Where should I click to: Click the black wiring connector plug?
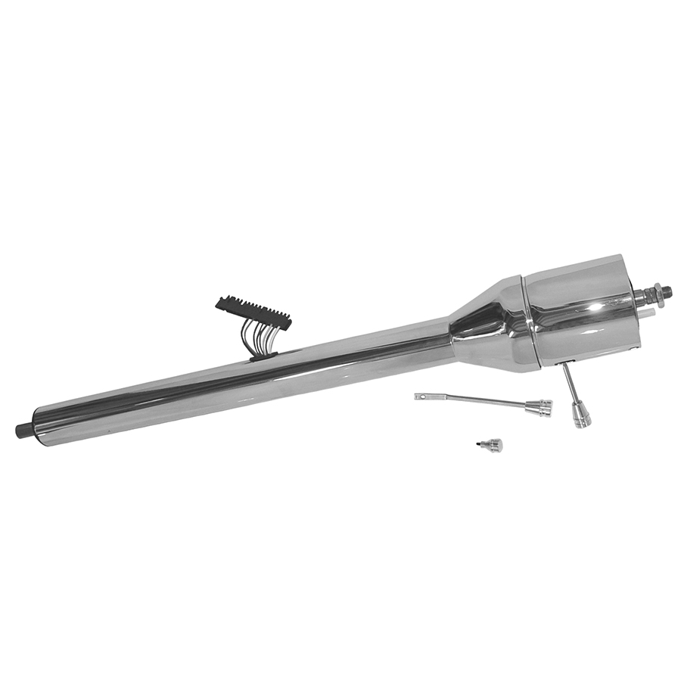[253, 312]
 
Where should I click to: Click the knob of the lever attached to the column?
[580, 415]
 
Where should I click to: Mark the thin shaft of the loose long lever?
[477, 400]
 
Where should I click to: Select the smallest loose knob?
[493, 445]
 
